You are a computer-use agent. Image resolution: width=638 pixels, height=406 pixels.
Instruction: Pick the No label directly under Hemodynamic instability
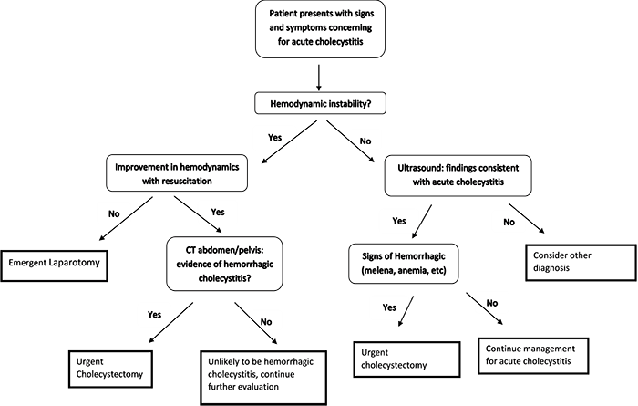(x=365, y=142)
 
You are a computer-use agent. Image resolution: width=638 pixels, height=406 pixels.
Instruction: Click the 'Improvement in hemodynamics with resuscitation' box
(x=177, y=173)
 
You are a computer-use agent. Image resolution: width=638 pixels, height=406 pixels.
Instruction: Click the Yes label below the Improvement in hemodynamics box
(x=216, y=213)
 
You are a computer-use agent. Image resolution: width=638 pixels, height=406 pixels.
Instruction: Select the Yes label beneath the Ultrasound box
(x=397, y=222)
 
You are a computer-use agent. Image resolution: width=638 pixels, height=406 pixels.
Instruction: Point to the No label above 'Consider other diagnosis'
(x=509, y=222)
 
